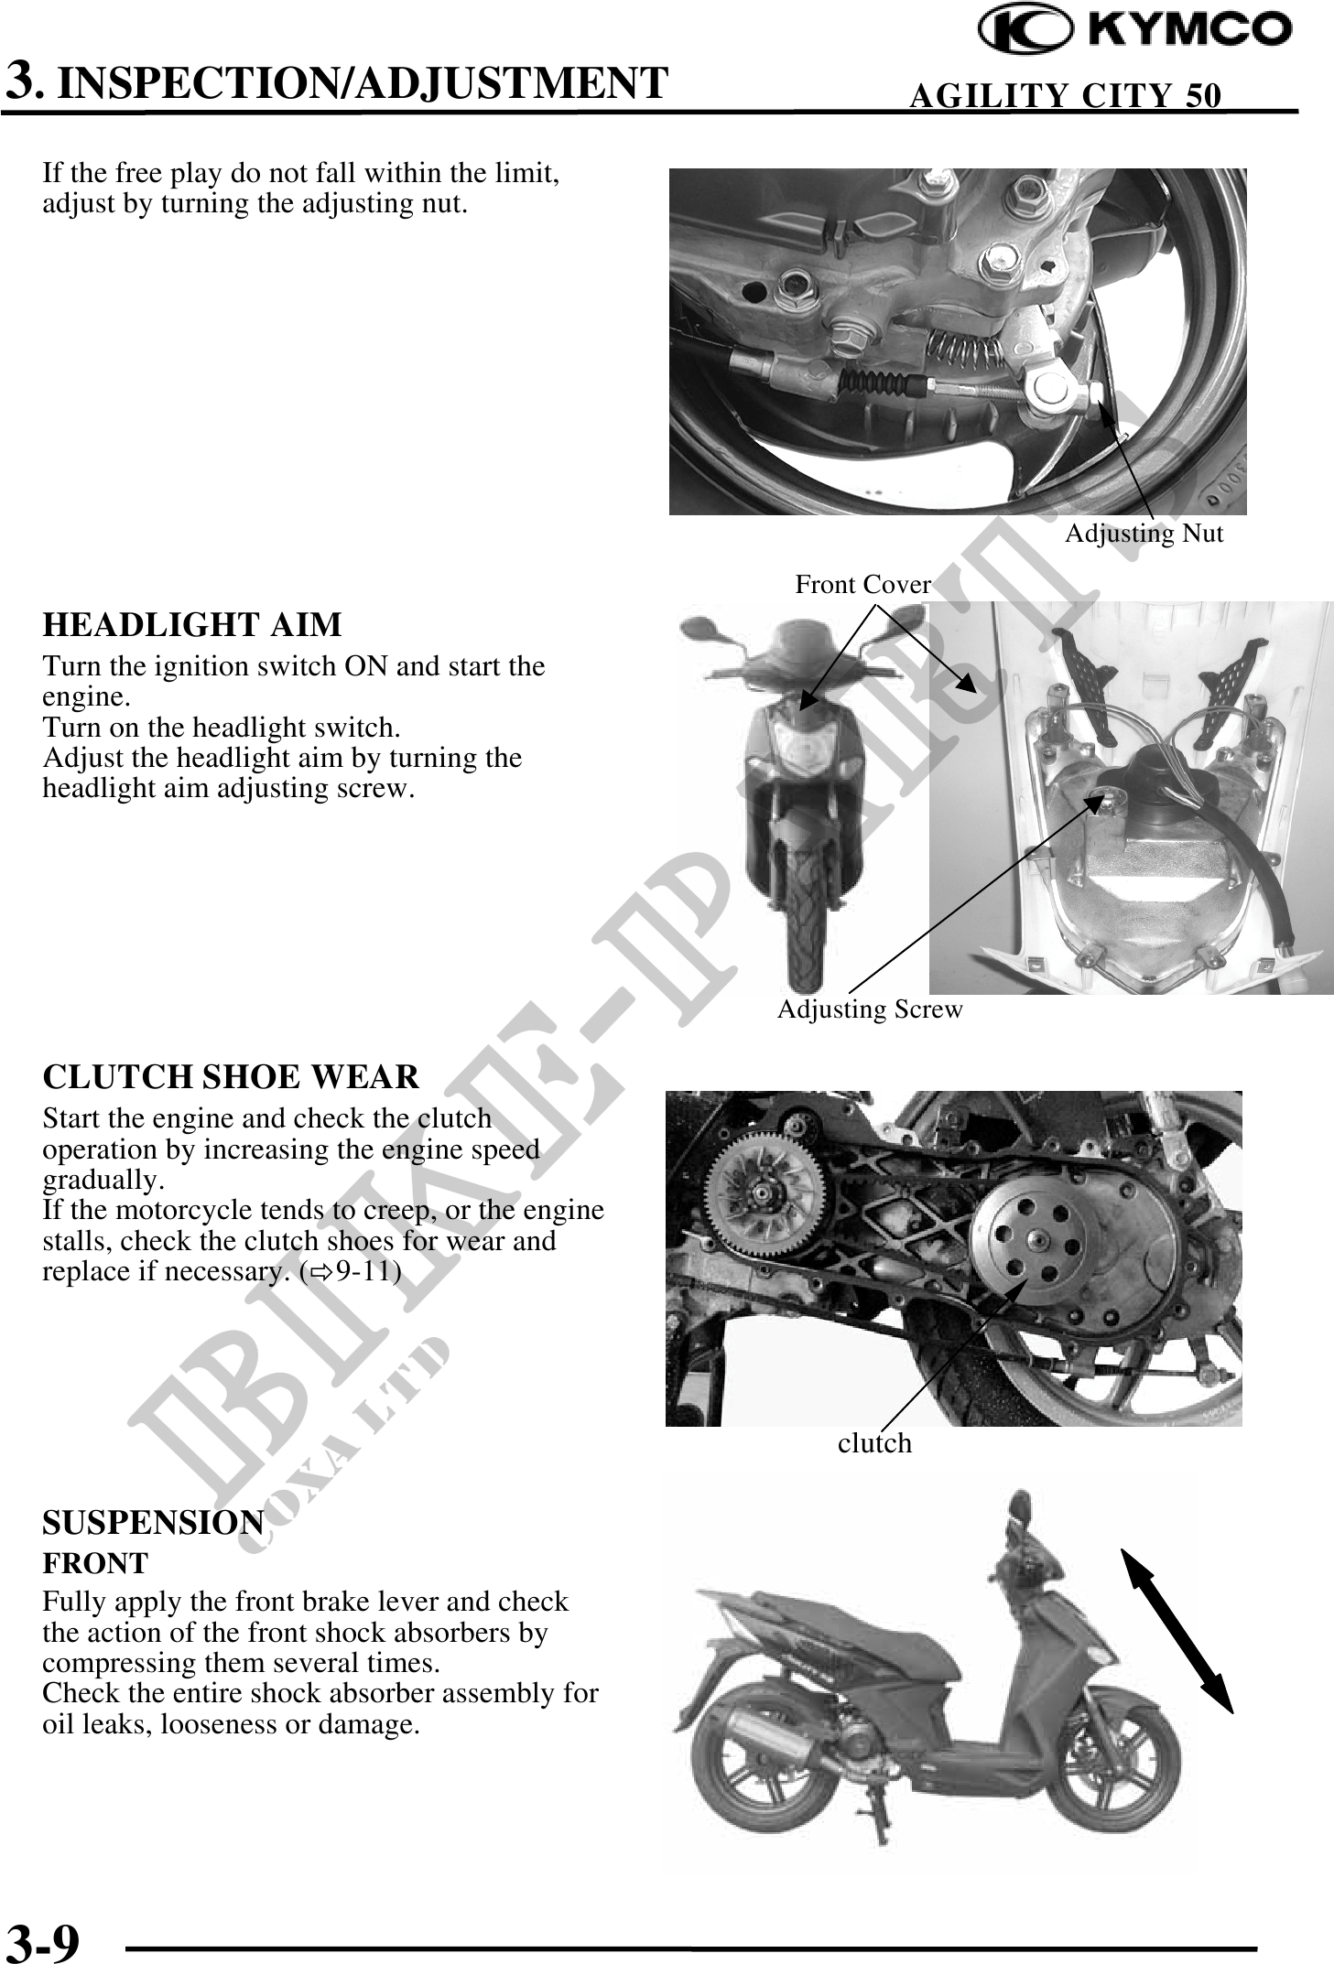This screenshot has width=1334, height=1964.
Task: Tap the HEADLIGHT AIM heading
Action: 192,625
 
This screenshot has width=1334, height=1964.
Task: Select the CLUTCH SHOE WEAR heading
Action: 231,1077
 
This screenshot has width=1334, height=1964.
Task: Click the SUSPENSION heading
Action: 154,1523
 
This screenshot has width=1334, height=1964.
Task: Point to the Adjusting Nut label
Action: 1144,534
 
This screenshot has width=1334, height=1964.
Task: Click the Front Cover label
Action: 862,584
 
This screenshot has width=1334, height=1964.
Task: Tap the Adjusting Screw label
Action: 870,1009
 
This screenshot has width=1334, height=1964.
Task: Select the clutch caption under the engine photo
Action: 874,1443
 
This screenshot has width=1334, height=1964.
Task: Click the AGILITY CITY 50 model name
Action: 1065,95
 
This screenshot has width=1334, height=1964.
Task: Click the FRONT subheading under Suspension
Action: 95,1563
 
